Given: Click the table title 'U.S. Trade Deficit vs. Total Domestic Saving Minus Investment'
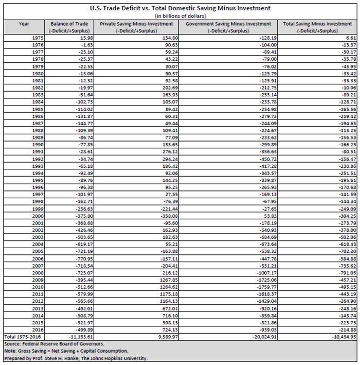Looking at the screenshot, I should (180, 8).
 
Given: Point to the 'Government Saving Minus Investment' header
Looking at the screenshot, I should (229, 24).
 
